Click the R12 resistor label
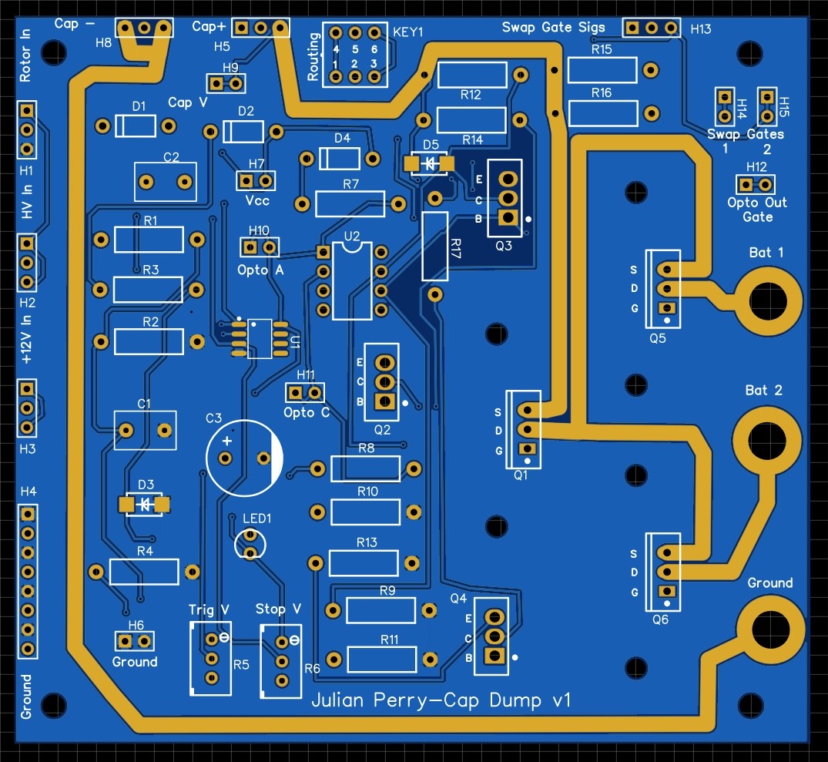click(471, 95)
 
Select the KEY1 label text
click(408, 32)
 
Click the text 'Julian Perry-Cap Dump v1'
click(441, 700)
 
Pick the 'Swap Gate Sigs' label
click(553, 28)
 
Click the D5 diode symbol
click(430, 164)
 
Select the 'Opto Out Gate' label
click(757, 210)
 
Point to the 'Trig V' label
click(209, 610)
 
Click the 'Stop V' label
click(278, 609)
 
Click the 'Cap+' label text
click(209, 26)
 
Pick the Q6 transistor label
click(660, 619)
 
